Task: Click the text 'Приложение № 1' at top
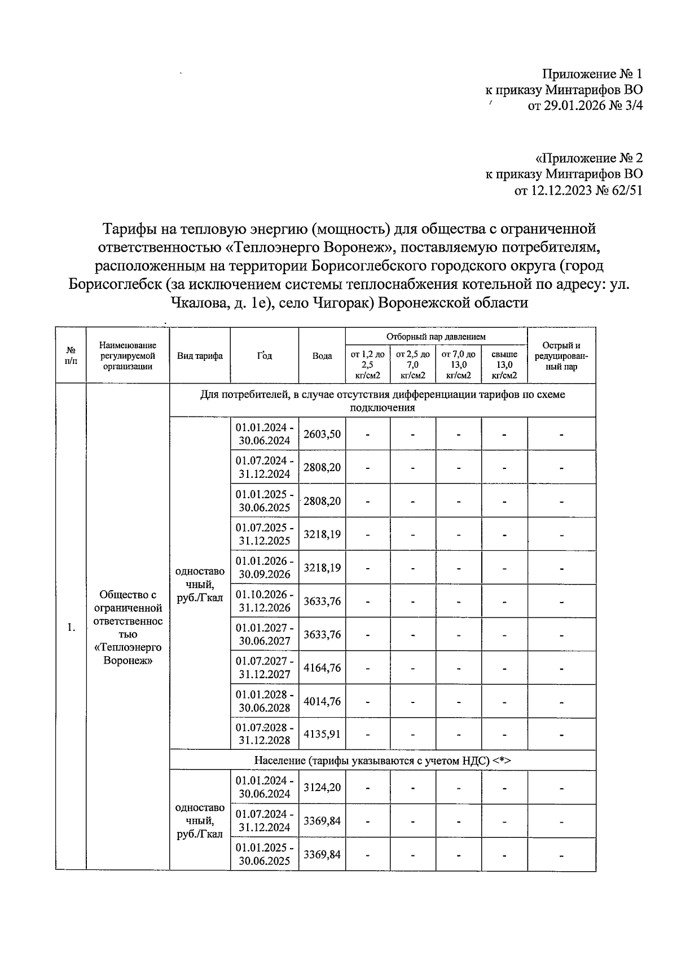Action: point(592,74)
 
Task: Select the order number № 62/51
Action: point(618,190)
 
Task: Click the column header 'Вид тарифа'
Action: point(200,355)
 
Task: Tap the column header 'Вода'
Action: point(322,356)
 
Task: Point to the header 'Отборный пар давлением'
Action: point(436,336)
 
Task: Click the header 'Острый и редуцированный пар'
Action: point(561,355)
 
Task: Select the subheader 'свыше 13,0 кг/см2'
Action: point(504,364)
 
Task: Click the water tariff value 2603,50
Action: point(322,434)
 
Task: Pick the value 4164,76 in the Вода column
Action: point(322,668)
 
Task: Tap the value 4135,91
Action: point(322,735)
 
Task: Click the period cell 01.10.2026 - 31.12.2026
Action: point(264,601)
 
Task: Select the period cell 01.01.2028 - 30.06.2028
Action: point(264,701)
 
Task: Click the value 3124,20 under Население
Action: point(322,787)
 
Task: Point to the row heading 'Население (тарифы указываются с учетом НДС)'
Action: point(382,761)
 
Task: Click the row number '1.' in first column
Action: point(71,627)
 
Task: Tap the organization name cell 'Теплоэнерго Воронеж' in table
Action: point(128,627)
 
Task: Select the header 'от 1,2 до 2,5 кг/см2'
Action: point(367,364)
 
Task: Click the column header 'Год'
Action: point(264,355)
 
